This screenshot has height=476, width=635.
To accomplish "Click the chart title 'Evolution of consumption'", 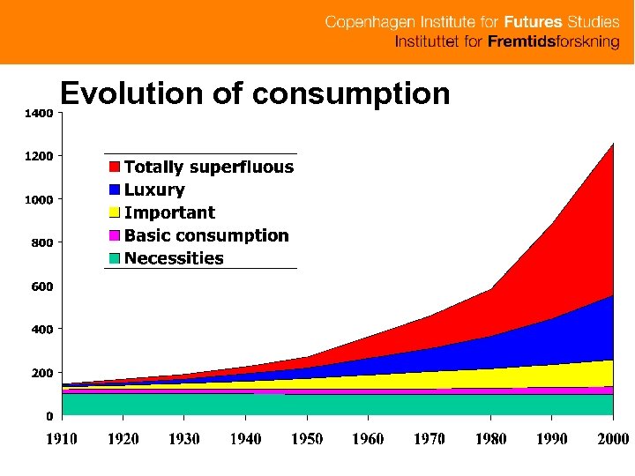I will [254, 93].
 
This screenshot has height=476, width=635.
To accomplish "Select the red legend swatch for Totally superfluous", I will [115, 167].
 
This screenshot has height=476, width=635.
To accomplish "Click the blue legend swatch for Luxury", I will [115, 190].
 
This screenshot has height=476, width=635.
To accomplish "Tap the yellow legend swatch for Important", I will [115, 212].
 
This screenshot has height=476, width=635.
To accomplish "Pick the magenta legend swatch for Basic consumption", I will [115, 235].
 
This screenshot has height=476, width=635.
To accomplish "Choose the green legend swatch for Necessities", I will [115, 258].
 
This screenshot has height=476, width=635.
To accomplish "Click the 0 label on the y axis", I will [49, 415].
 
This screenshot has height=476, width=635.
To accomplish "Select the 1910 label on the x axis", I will [62, 439].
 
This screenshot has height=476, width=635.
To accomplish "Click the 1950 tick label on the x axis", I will [307, 439].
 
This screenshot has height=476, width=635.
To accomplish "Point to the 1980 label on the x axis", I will [490, 439].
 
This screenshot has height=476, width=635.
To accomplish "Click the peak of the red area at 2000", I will [612, 144].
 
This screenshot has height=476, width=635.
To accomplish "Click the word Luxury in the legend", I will [154, 190].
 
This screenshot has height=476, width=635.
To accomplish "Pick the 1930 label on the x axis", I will [184, 439].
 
